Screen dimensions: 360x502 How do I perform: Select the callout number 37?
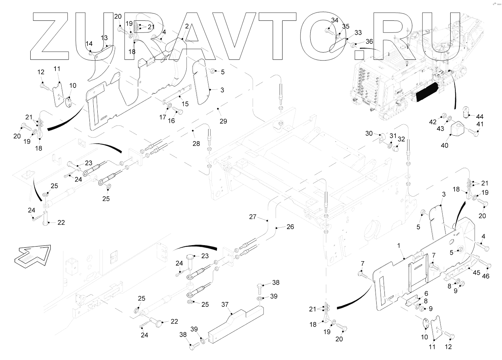pyautogui.click(x=225, y=304)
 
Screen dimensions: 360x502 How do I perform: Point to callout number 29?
pyautogui.click(x=223, y=121)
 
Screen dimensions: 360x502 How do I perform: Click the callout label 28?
pyautogui.click(x=196, y=144)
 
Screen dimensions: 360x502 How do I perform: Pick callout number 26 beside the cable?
pyautogui.click(x=290, y=227)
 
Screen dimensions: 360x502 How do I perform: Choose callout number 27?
pyautogui.click(x=253, y=217)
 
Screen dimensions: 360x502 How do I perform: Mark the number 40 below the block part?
pyautogui.click(x=444, y=146)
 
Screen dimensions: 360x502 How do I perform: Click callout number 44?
pyautogui.click(x=480, y=116)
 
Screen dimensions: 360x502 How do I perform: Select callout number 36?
pyautogui.click(x=369, y=42)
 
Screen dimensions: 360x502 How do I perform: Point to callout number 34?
pyautogui.click(x=335, y=20)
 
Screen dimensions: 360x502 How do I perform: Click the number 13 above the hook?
pyautogui.click(x=104, y=38)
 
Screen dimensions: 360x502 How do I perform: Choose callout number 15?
pyautogui.click(x=185, y=104)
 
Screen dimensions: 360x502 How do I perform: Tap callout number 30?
pyautogui.click(x=369, y=133)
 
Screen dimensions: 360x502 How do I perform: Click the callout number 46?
pyautogui.click(x=486, y=276)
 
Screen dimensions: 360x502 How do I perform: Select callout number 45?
pyautogui.click(x=476, y=272)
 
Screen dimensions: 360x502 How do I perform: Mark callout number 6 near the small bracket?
pyautogui.click(x=426, y=293)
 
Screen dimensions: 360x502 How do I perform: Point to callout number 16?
pyautogui.click(x=171, y=121)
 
